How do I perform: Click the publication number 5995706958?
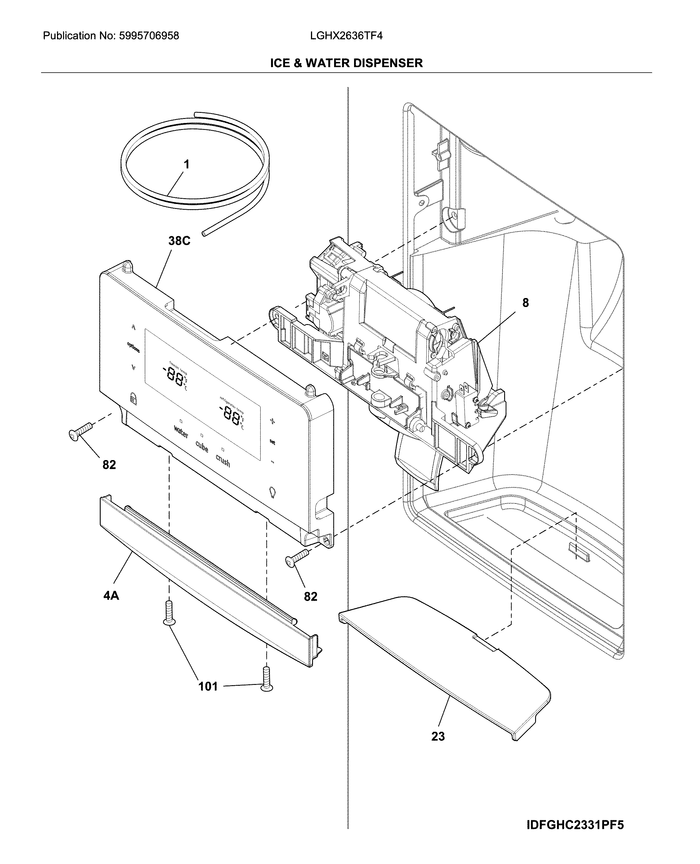[148, 36]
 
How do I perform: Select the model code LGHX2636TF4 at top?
[346, 36]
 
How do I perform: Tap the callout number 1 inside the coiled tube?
[186, 165]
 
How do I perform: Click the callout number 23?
[438, 736]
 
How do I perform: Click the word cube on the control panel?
[202, 446]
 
